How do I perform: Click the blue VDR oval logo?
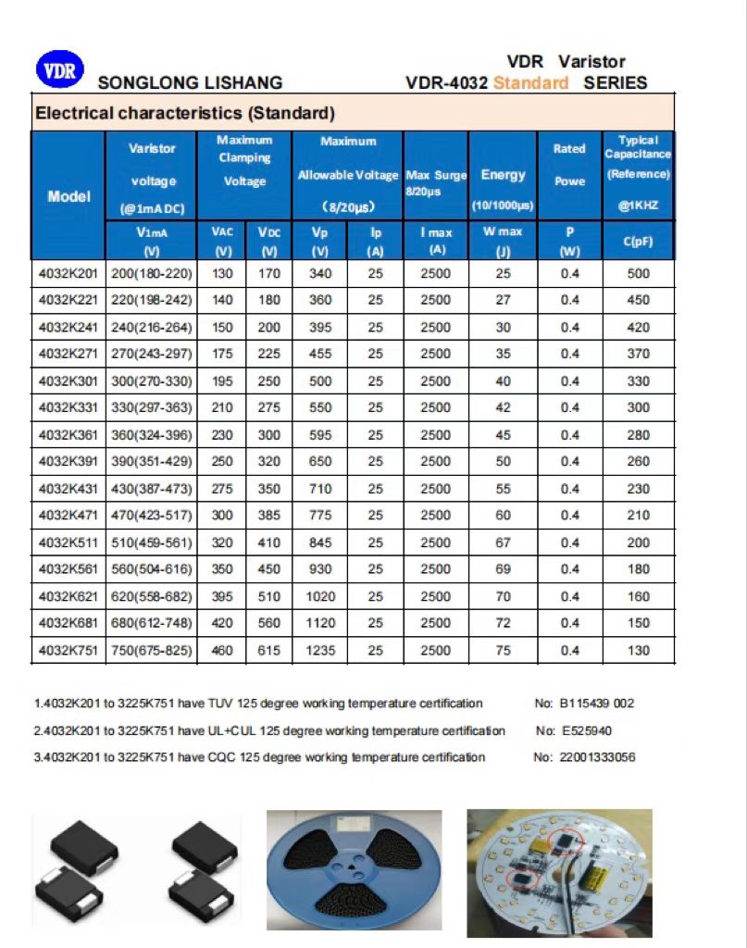(60, 70)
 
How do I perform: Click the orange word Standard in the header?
(530, 83)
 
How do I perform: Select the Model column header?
(68, 196)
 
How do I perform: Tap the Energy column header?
(503, 175)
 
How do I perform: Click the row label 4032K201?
(68, 273)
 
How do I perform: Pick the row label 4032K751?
(68, 651)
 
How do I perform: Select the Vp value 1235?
(320, 651)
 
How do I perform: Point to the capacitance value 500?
(638, 273)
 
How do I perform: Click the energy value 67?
(503, 543)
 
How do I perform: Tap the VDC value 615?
(268, 651)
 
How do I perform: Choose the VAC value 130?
(222, 273)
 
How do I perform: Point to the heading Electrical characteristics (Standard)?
(184, 114)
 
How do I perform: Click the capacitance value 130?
(638, 651)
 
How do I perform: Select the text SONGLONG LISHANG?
(190, 83)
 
